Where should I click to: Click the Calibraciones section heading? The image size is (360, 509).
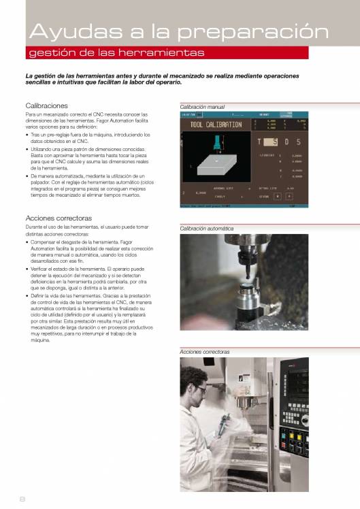click(x=46, y=106)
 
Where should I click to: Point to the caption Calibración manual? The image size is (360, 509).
click(x=202, y=107)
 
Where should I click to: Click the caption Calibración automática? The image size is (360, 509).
click(x=206, y=229)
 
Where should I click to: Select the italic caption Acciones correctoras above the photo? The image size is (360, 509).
click(x=205, y=352)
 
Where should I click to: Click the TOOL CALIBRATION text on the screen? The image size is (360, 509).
click(x=216, y=125)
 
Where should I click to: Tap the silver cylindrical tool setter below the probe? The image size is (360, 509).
click(x=246, y=299)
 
